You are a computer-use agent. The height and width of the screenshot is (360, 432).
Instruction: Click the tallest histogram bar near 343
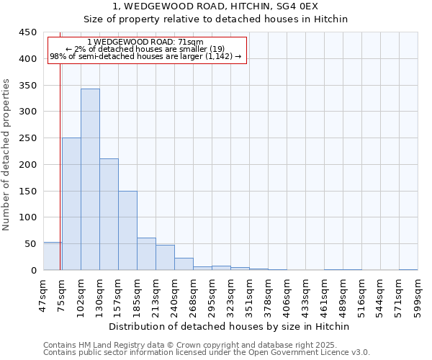[90, 179]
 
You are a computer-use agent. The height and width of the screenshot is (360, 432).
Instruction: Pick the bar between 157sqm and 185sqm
[127, 230]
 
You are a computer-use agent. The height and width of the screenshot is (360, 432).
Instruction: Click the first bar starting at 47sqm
[52, 256]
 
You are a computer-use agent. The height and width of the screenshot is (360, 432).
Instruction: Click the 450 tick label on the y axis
[28, 32]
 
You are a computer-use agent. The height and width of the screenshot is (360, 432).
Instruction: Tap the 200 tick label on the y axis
[28, 165]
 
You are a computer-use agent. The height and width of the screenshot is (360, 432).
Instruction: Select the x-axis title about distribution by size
[230, 326]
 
